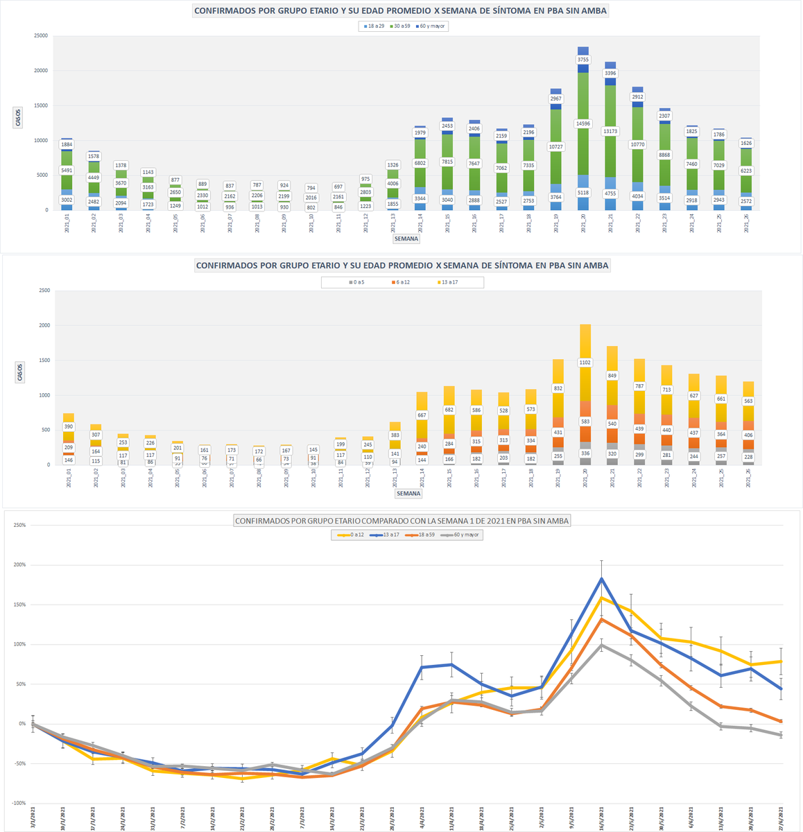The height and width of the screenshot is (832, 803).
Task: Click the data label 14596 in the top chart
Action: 583,123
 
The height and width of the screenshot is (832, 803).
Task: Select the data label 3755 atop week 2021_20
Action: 583,60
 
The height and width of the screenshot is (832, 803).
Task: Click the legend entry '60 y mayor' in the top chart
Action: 433,26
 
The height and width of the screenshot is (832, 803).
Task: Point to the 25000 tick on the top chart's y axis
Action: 41,35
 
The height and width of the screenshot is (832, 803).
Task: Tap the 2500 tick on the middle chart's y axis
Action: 44,291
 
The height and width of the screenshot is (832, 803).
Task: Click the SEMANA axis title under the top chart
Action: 406,239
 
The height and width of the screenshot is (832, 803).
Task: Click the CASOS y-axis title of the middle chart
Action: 19,372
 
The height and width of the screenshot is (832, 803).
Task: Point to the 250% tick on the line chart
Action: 19,525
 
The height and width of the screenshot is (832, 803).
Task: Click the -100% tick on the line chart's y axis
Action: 17,804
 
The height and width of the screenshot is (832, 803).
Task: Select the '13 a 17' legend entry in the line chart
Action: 386,535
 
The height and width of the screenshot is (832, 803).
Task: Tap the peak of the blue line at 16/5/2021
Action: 601,578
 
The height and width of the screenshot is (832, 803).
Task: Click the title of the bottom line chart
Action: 401,520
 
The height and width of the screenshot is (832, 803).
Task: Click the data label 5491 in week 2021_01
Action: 67,171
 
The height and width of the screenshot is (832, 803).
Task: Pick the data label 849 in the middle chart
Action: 612,376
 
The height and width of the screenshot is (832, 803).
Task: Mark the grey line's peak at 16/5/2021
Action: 601,645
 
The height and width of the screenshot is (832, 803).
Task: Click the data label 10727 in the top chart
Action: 556,147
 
